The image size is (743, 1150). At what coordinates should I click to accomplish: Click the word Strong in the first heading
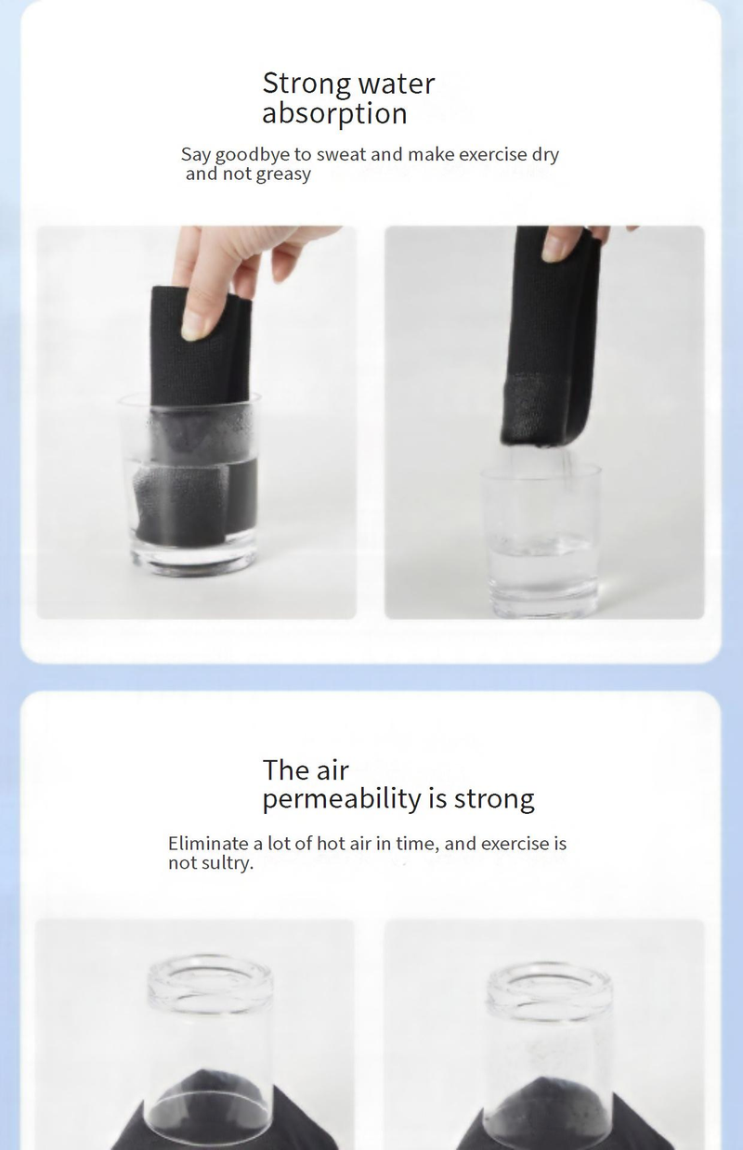tap(306, 84)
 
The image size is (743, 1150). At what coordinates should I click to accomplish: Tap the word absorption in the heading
tap(334, 113)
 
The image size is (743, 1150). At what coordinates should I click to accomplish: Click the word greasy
tap(283, 174)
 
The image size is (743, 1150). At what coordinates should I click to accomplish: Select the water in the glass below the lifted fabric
tap(543, 563)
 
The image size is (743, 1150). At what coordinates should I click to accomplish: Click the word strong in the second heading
tap(494, 800)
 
